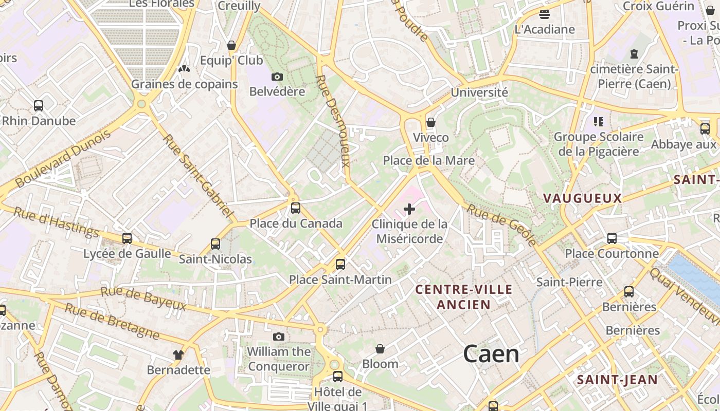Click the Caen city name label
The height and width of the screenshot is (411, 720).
pos(491,354)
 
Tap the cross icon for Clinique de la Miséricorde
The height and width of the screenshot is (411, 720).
pos(409,209)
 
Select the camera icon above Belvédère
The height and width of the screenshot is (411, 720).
pos(277,77)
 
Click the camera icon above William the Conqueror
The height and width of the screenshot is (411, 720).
pos(279,337)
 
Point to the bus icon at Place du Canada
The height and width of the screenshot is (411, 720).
pos(296,208)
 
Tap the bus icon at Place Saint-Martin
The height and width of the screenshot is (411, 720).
pos(340,265)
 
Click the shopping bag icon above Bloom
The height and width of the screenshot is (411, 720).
pos(380,349)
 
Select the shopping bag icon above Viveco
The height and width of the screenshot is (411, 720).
pos(431,122)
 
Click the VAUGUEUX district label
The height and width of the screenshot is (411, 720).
pos(582,198)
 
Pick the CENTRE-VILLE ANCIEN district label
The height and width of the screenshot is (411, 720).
pos(464,297)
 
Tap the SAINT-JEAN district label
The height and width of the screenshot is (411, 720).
pos(617,380)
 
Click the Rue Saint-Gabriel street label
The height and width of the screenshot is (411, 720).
pos(199,175)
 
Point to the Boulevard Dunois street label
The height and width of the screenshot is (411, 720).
pos(63,159)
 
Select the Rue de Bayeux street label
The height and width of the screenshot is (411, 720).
pos(143,299)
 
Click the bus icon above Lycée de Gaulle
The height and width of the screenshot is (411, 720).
pos(127,238)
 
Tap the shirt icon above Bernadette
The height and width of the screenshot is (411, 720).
pos(178,355)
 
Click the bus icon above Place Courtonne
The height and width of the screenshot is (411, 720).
pos(612,238)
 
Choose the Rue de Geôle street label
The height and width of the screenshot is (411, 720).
pos(502,225)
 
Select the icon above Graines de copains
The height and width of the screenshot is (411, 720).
pos(184,69)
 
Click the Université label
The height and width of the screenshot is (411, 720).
pos(479,92)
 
